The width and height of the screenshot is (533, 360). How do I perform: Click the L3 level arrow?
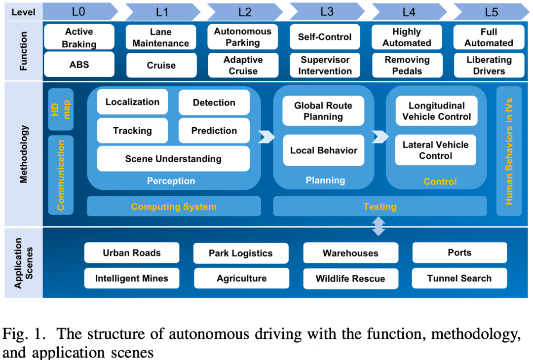pyautogui.click(x=327, y=12)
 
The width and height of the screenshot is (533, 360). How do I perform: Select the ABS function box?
pyautogui.click(x=79, y=65)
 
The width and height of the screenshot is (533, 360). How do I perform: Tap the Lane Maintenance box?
pyautogui.click(x=161, y=37)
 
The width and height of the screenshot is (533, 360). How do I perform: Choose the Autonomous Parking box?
pyautogui.click(x=243, y=36)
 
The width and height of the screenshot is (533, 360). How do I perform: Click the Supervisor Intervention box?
pyautogui.click(x=325, y=65)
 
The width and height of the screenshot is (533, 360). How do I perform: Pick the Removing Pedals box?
pyautogui.click(x=407, y=65)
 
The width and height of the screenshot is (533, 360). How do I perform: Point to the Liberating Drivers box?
pyautogui.click(x=489, y=65)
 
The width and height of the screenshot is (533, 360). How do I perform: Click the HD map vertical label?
pyautogui.click(x=61, y=109)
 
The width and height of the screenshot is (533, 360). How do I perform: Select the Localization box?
pyautogui.click(x=132, y=102)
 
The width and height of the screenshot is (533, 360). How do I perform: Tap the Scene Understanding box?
pyautogui.click(x=173, y=159)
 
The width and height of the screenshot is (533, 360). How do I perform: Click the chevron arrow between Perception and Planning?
pyautogui.click(x=266, y=137)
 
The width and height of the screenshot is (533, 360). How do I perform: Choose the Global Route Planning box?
pyautogui.click(x=323, y=111)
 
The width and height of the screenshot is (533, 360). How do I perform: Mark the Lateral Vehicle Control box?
pyautogui.click(x=435, y=150)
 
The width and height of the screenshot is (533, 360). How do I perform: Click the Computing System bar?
pyautogui.click(x=174, y=207)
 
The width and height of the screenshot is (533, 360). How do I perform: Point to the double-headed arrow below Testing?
pyautogui.click(x=379, y=226)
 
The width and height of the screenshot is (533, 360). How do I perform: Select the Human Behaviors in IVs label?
pyautogui.click(x=509, y=151)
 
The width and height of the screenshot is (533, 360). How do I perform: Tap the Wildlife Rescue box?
pyautogui.click(x=350, y=279)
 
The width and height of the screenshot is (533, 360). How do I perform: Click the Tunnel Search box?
pyautogui.click(x=459, y=278)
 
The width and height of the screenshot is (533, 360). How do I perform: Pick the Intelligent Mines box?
pyautogui.click(x=132, y=278)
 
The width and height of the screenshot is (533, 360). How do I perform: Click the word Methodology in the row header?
pyautogui.click(x=24, y=154)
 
